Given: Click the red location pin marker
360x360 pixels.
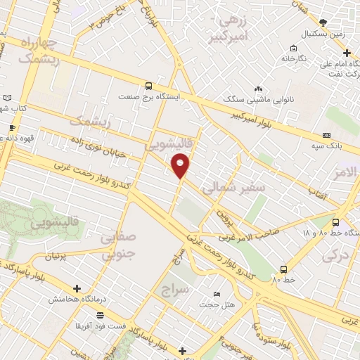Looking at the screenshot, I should tap(181, 165).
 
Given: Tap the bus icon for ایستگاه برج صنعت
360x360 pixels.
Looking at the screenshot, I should tap(148, 85).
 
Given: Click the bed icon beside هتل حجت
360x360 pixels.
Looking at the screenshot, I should tap(216, 293).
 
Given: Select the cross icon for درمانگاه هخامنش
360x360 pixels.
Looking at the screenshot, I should tap(77, 288).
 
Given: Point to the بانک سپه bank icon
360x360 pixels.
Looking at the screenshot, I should tap(326, 135).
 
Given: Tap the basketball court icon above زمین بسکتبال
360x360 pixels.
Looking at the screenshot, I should tap(322, 22).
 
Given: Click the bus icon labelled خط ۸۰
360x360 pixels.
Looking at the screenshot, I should tap(283, 269).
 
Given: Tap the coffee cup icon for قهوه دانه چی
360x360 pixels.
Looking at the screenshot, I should tap(11, 128).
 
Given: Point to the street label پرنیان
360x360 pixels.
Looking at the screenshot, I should tap(58, 256).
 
